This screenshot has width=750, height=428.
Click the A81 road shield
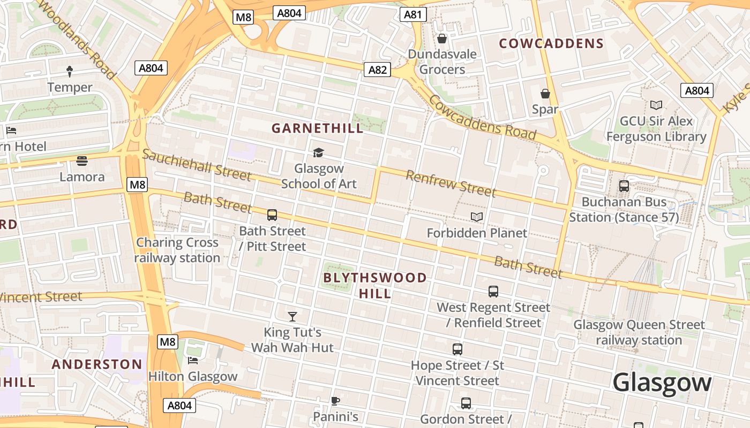click(x=412, y=14)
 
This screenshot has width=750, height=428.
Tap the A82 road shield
click(x=377, y=70)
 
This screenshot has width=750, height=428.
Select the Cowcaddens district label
click(x=551, y=44)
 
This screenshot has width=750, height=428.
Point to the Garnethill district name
click(x=317, y=128)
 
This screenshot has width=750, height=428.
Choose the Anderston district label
click(x=97, y=364)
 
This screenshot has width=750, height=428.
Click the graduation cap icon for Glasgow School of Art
click(x=319, y=153)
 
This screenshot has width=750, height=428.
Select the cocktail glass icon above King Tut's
click(x=292, y=317)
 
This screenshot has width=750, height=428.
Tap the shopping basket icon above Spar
click(x=545, y=94)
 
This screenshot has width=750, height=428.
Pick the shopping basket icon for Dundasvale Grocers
click(x=442, y=39)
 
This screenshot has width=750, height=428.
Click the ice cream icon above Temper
click(x=70, y=71)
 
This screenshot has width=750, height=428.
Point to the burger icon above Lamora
click(x=82, y=160)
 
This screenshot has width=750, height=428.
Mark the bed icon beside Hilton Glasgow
click(x=193, y=361)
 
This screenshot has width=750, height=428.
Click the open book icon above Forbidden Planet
click(x=477, y=217)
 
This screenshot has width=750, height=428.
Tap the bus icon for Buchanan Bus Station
click(x=624, y=186)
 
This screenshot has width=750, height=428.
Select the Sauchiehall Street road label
click(x=197, y=165)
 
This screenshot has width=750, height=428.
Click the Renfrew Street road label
click(x=451, y=183)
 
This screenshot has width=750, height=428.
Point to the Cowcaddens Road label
click(x=482, y=118)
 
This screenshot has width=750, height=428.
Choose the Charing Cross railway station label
click(x=177, y=250)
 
